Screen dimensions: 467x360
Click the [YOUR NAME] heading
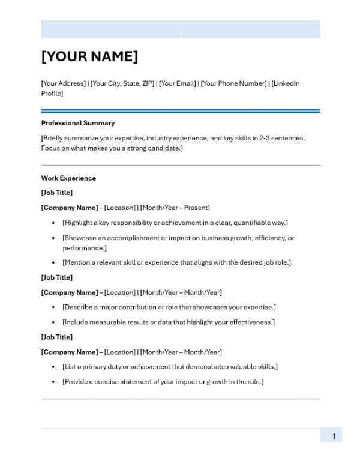[89, 57]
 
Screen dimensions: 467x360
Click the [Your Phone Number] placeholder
[234, 83]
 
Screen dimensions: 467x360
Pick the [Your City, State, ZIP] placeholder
[122, 83]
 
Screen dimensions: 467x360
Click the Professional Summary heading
[78, 123]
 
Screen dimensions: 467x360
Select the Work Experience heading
[68, 178]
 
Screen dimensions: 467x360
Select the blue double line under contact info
[181, 111]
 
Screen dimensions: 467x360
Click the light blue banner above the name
[181, 29]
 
